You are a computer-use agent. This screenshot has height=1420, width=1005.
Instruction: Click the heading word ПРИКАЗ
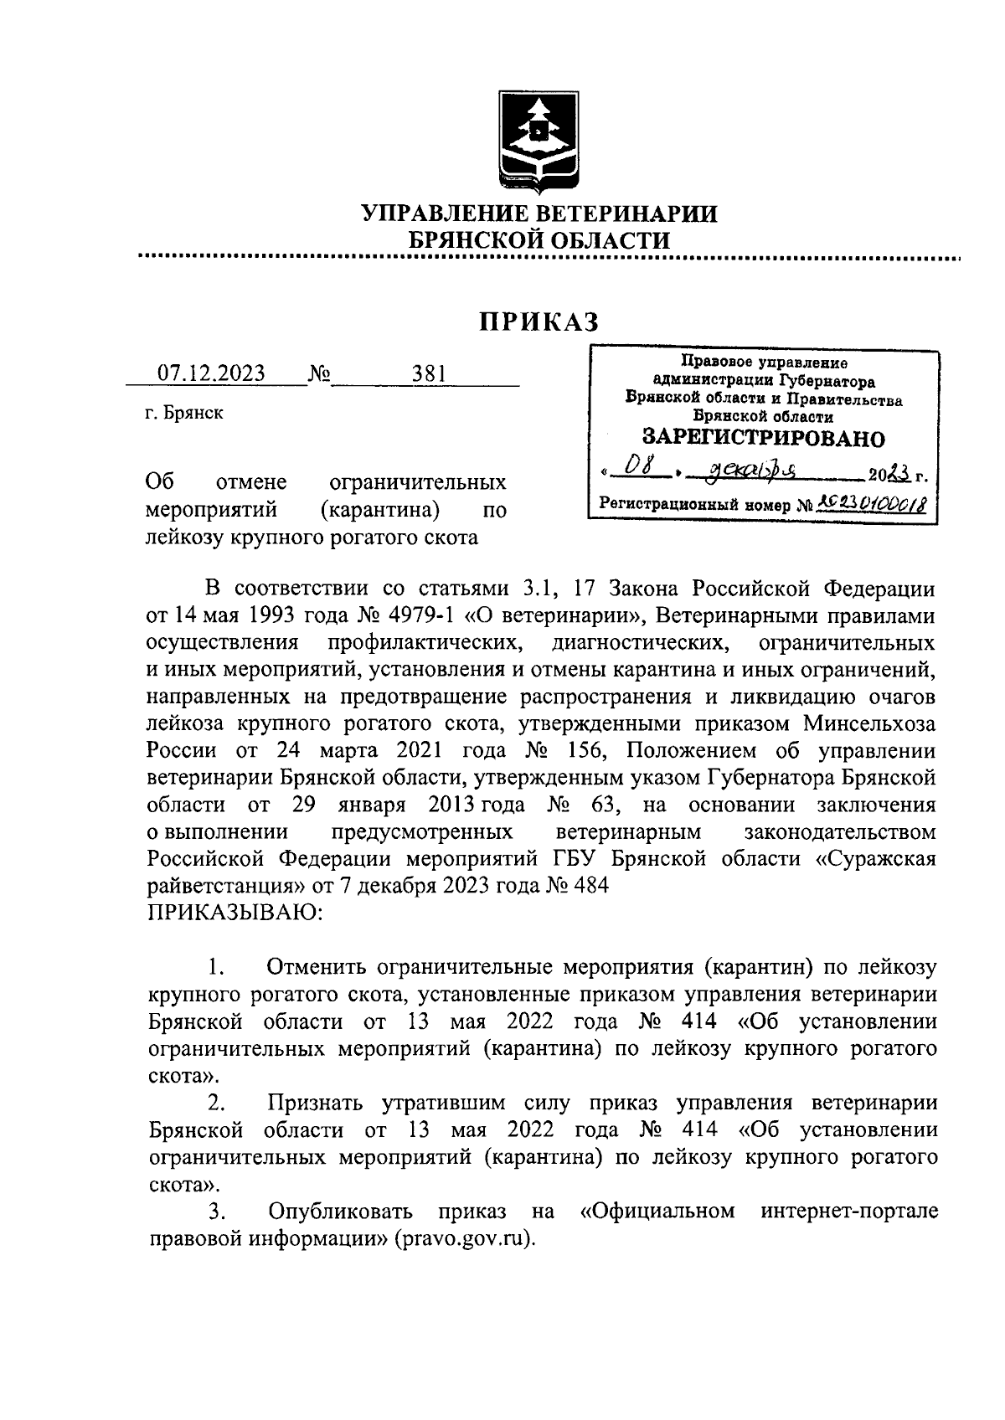[x=539, y=322]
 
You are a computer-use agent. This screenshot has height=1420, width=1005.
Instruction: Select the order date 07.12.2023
[x=211, y=373]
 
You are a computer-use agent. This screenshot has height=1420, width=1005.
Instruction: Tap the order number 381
[x=428, y=373]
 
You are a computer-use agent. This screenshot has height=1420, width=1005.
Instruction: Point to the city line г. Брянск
[x=184, y=413]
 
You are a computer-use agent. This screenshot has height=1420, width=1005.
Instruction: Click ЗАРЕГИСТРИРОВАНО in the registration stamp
[x=762, y=438]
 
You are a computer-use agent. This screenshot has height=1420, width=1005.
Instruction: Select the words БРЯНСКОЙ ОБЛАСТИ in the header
[x=539, y=240]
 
